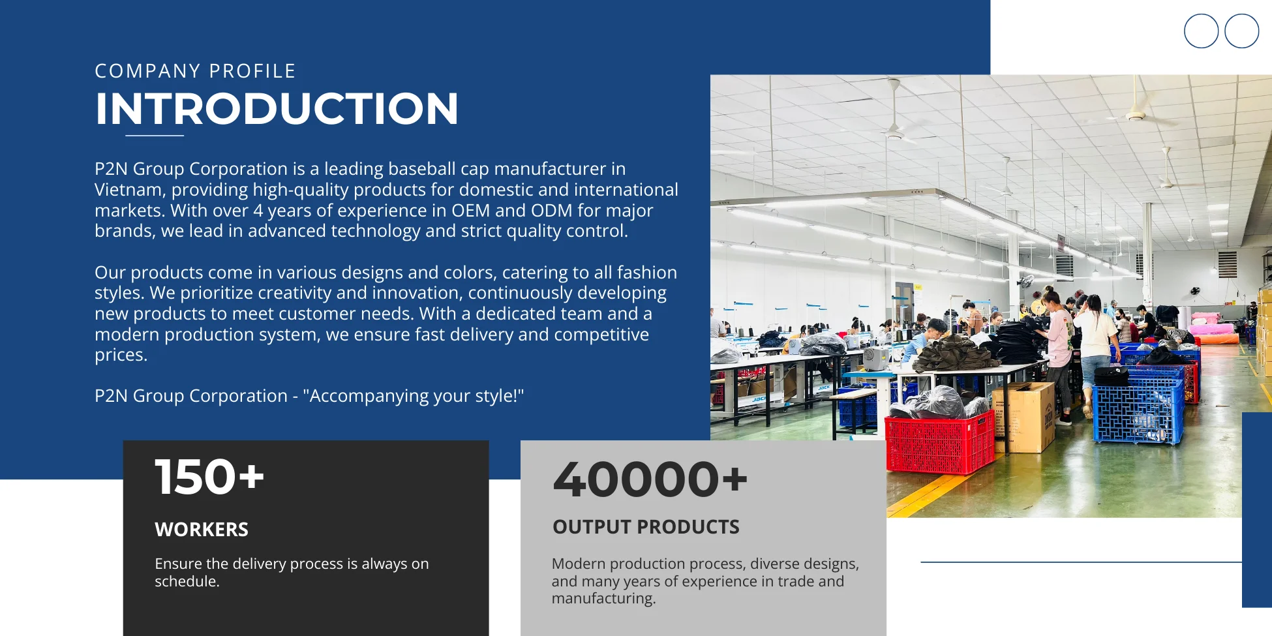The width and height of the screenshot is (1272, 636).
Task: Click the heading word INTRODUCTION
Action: point(277,108)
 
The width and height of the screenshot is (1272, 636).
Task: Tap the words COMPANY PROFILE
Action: point(195,71)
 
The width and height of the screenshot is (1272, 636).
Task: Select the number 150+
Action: point(209,477)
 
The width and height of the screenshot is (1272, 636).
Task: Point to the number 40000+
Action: point(650,479)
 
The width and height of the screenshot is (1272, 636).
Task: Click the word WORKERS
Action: point(202,530)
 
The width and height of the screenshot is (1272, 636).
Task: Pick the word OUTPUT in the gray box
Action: point(592,527)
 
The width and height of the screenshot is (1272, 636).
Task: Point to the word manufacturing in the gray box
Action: point(603,599)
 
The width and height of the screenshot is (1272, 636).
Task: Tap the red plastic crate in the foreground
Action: point(939,444)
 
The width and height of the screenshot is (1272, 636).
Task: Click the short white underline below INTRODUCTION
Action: point(155,136)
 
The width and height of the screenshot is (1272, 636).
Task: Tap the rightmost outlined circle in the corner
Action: point(1242,31)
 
